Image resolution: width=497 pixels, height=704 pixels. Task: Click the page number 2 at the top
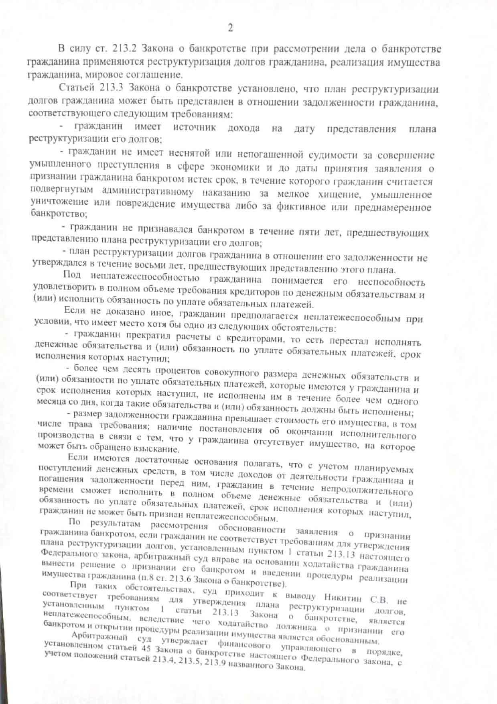coord(230,28)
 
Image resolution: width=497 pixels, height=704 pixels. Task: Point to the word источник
coord(194,127)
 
